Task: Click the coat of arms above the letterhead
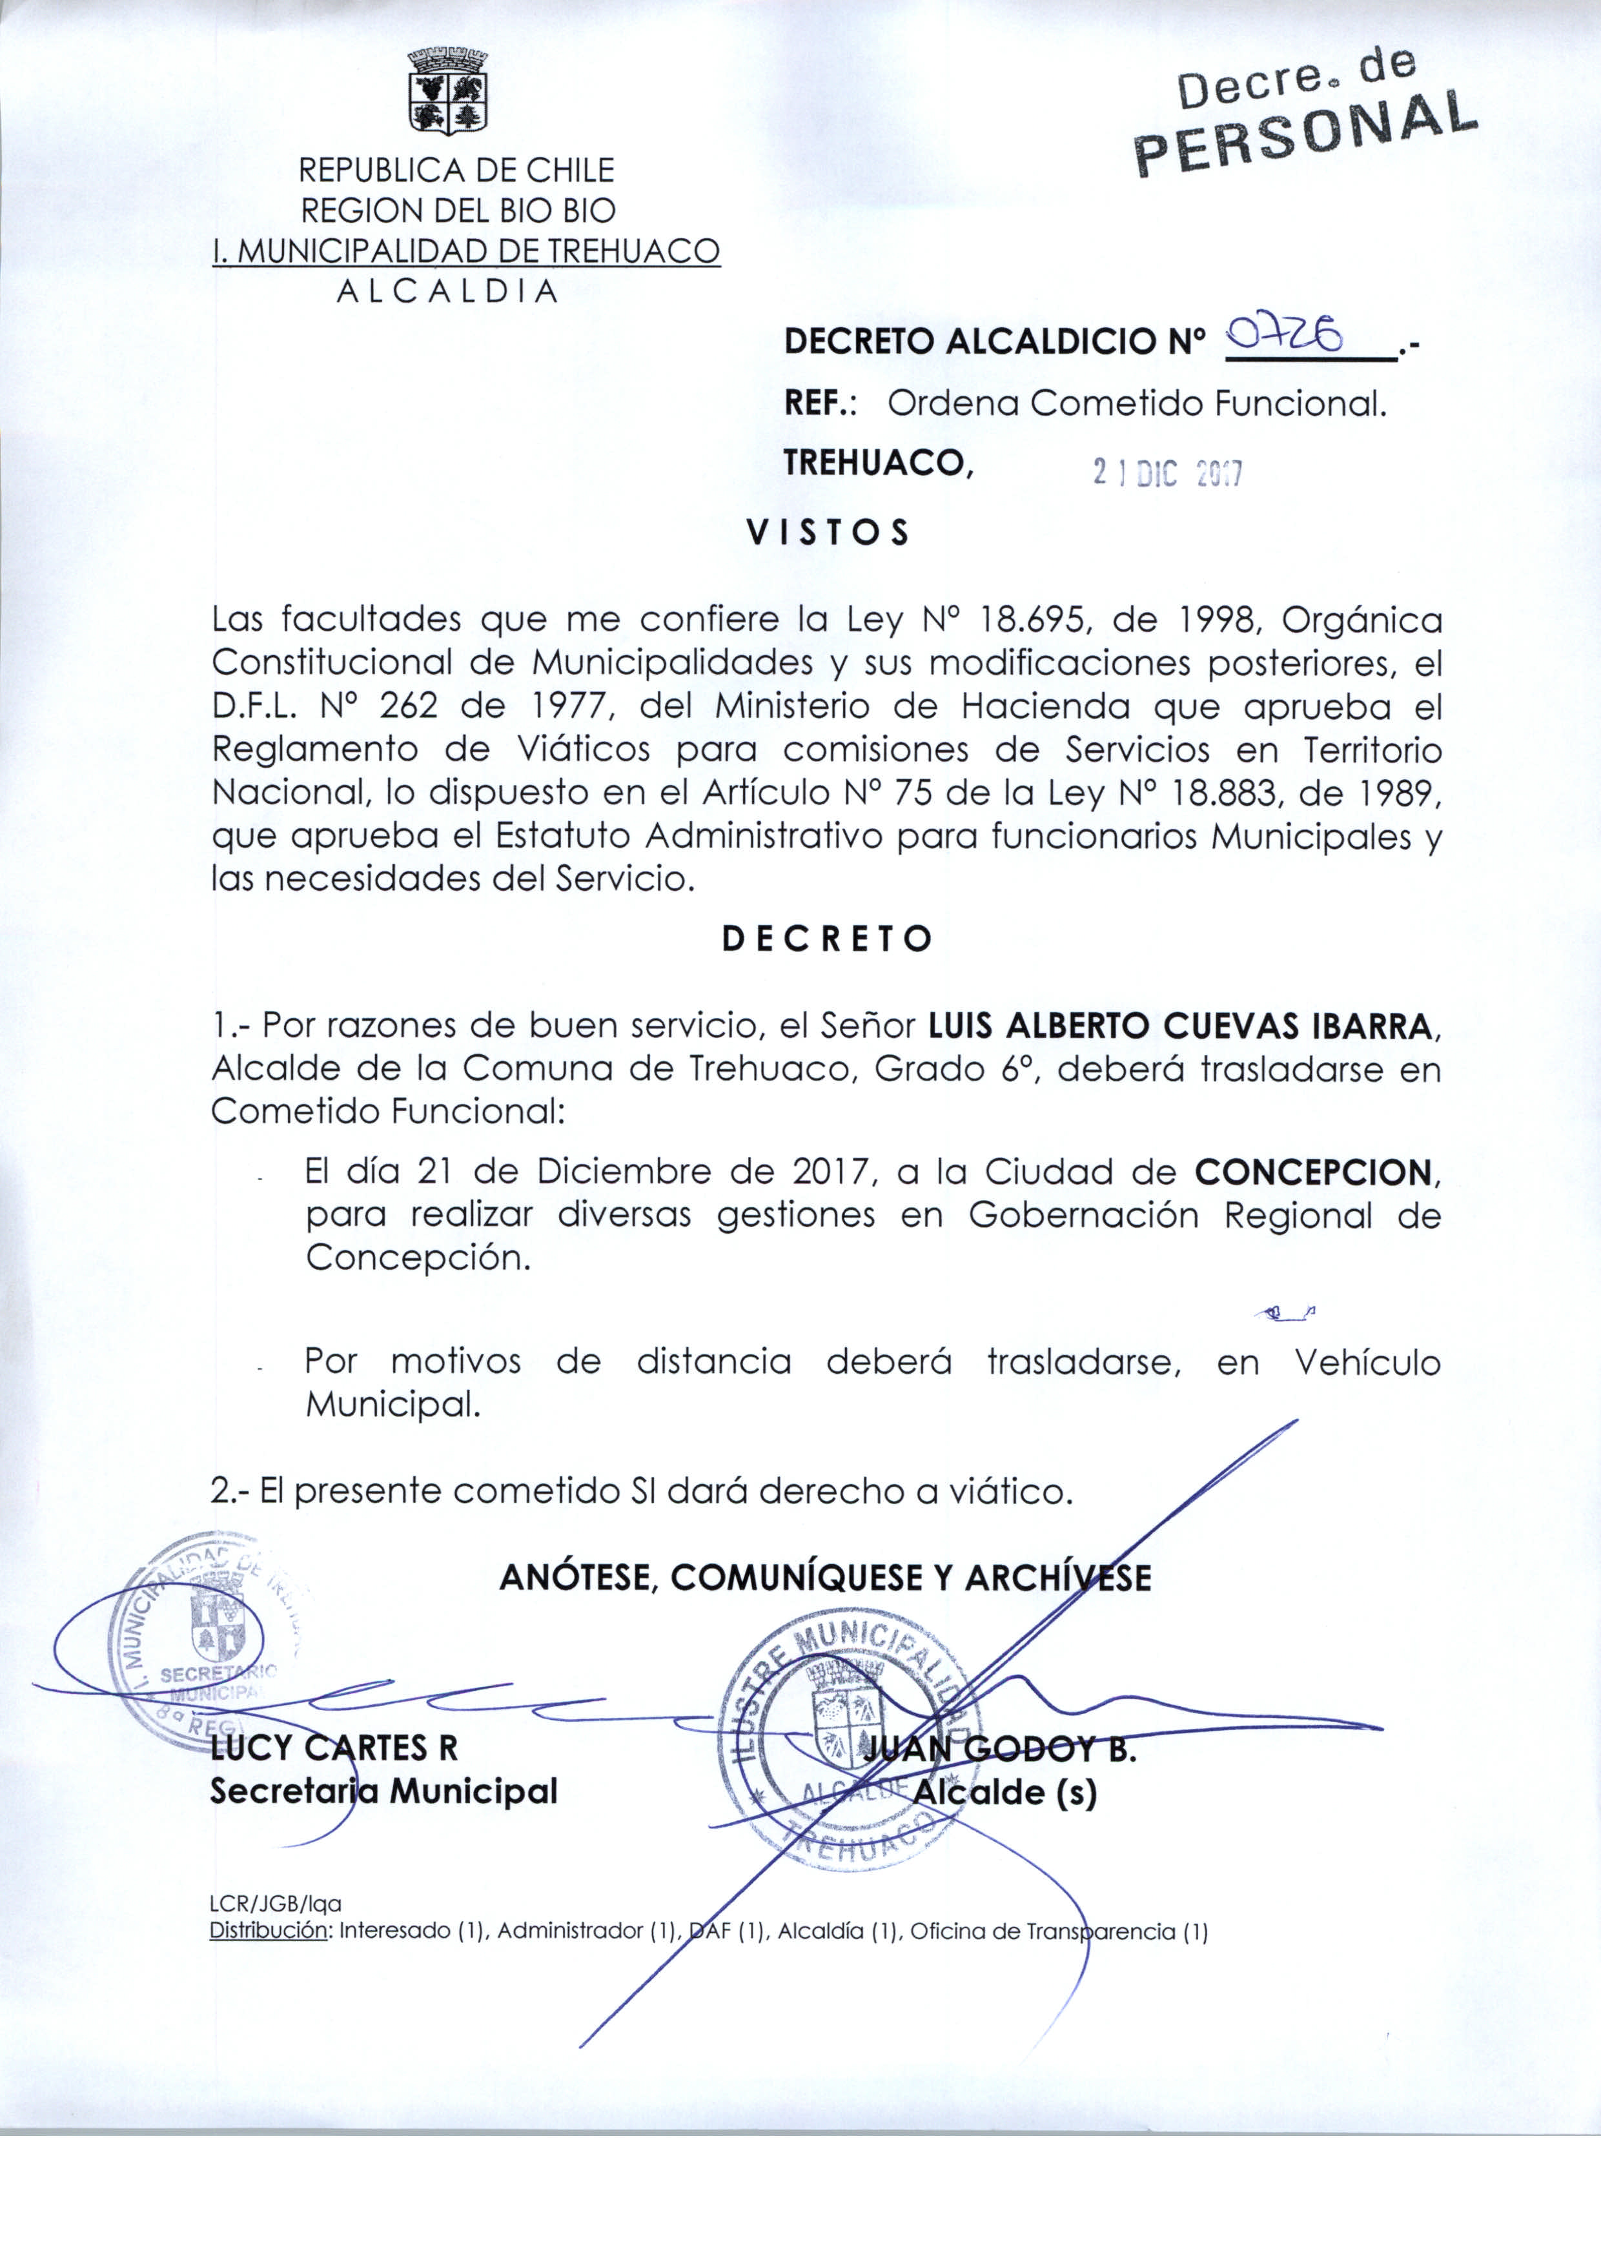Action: tap(449, 92)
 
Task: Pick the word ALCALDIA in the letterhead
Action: tap(449, 292)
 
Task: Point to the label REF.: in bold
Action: tap(819, 403)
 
